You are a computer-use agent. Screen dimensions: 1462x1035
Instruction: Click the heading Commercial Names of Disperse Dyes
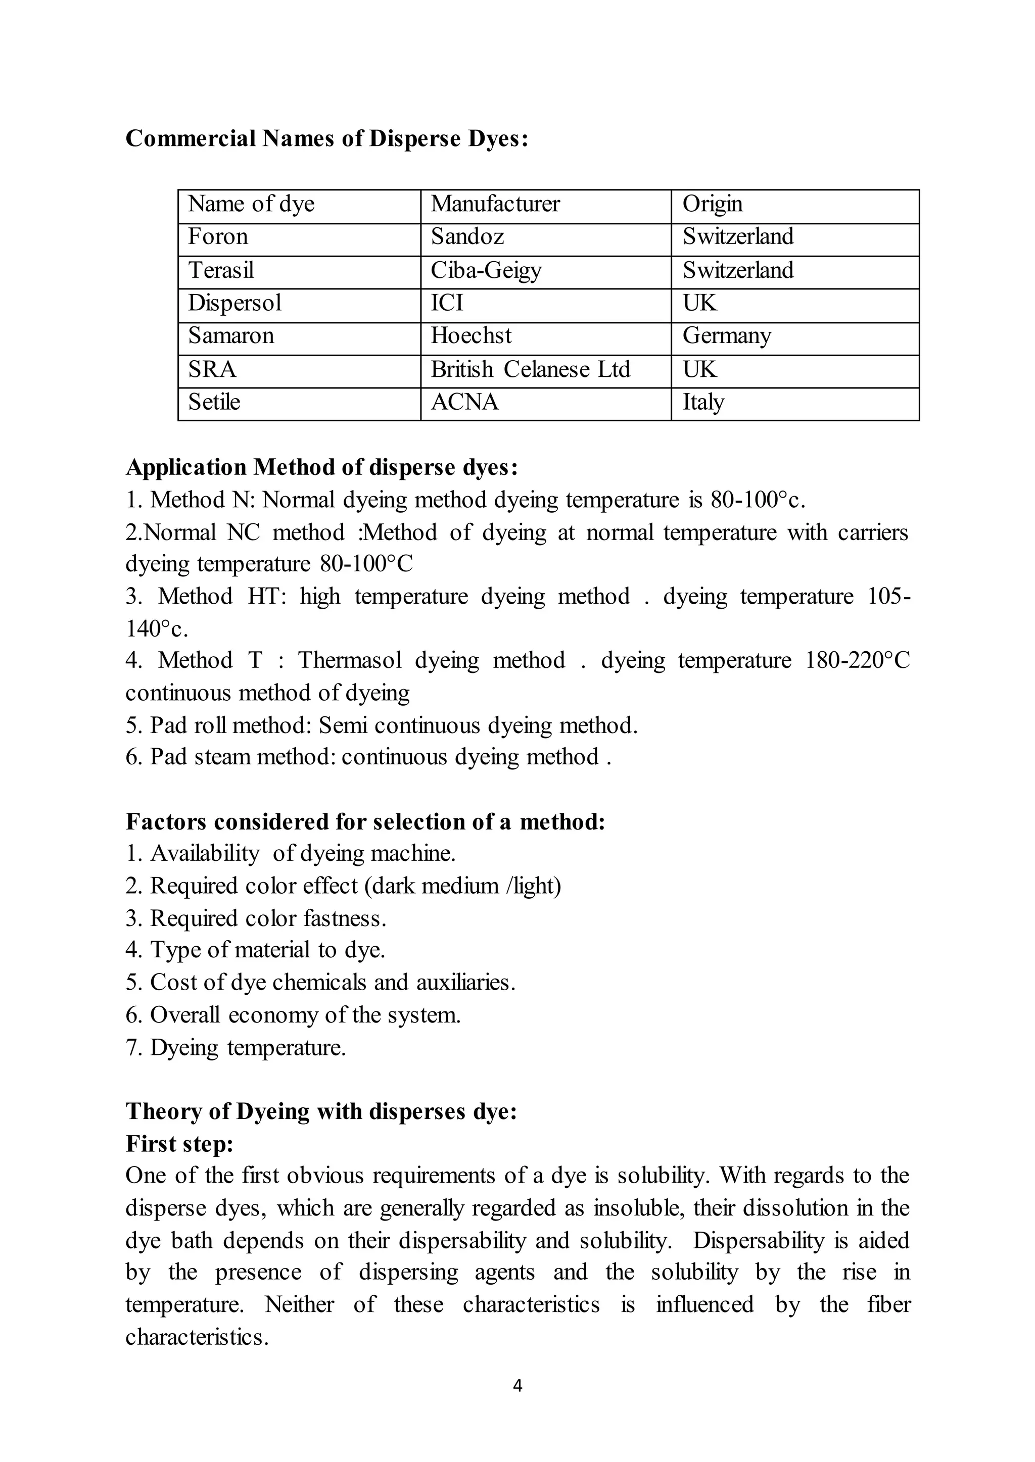pos(327,138)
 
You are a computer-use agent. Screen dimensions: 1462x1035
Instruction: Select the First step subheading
pos(180,1143)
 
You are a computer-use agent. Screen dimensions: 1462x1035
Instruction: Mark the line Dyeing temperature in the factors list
pos(236,1047)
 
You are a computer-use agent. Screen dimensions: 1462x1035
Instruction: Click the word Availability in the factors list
pos(205,853)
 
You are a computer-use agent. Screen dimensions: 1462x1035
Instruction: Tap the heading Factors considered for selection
pos(364,822)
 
